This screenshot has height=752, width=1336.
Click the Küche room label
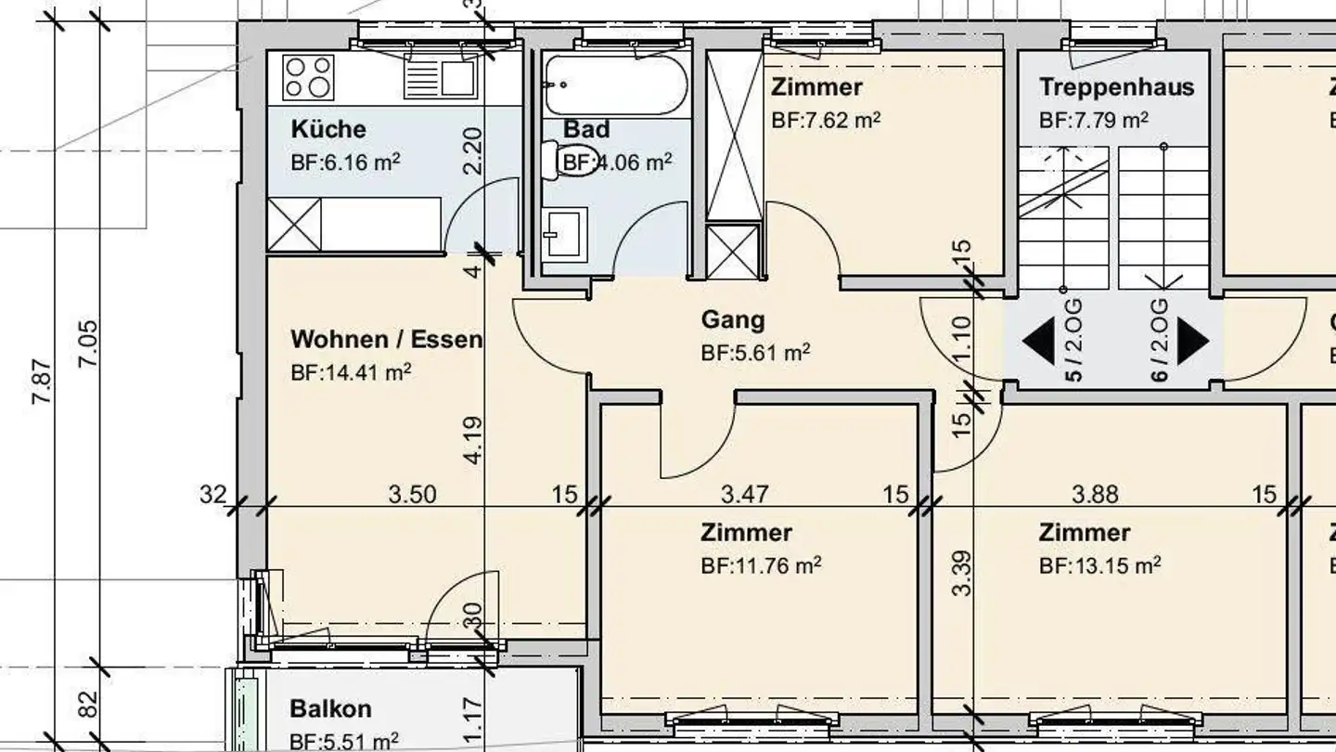328,129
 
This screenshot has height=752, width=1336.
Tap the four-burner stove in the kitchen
308,78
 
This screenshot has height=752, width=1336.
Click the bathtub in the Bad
615,84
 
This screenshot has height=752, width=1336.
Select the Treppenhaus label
1116,87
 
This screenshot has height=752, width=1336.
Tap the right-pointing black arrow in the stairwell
1193,341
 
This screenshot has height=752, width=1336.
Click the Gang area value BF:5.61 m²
755,353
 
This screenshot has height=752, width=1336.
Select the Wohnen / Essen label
386,339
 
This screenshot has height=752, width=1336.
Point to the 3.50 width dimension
412,493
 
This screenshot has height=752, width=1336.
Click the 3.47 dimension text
745,493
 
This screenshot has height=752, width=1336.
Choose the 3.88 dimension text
1095,493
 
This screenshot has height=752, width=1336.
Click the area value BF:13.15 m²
1099,565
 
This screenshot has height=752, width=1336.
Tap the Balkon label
330,708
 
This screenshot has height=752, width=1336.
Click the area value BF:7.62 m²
826,121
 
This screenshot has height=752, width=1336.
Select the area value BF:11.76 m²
761,565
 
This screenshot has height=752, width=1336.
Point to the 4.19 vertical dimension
474,441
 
